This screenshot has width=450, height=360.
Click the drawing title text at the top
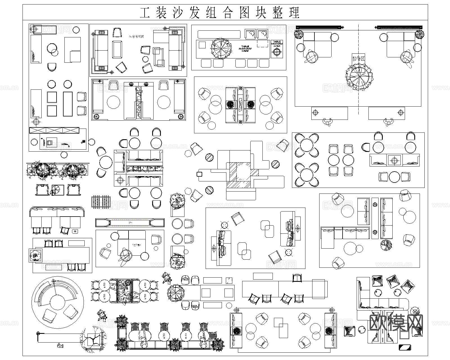click(220, 12)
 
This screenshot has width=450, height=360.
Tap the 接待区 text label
click(359, 59)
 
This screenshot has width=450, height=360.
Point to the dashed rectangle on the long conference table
click(263, 43)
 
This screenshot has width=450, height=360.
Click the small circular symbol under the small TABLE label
click(277, 52)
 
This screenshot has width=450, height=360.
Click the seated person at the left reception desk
click(327, 122)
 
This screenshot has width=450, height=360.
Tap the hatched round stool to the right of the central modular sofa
click(275, 164)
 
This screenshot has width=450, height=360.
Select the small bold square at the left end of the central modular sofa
click(199, 174)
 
